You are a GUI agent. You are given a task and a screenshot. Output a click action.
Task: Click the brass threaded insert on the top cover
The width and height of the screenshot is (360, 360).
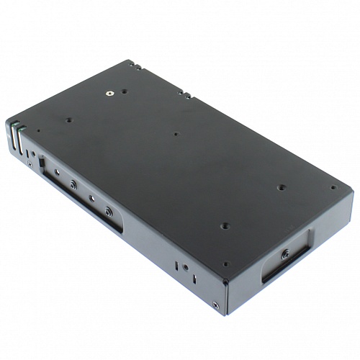109,92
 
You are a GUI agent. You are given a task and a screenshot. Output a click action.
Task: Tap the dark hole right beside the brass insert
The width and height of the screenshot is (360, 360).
124,91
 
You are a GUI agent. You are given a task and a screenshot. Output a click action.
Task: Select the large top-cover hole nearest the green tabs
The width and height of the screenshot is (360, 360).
70,120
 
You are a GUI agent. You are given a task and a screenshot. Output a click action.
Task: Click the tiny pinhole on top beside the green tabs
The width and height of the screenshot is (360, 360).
39,131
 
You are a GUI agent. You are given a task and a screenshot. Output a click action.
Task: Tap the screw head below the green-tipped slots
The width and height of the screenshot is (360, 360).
29,164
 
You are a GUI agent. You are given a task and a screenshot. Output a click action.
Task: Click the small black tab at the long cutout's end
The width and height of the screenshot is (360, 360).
42,163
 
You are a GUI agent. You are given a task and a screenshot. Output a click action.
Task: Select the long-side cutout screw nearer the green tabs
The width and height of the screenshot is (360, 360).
73,184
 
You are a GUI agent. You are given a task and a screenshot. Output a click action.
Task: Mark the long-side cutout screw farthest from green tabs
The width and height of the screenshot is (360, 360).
108,212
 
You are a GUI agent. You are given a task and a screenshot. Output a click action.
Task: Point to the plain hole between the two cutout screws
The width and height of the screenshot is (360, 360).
91,198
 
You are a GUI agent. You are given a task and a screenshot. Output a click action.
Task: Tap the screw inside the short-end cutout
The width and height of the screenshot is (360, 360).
286,253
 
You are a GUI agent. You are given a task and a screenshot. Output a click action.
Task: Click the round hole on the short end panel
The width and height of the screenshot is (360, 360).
186,267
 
